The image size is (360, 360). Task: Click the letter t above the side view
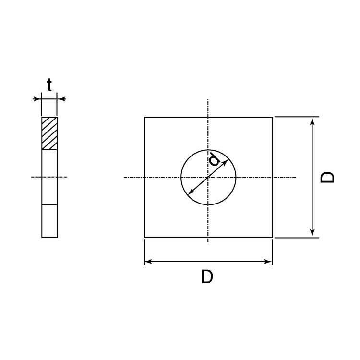pos(49,85)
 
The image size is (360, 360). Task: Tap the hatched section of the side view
pos(49,133)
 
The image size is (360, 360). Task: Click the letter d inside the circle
pos(215,159)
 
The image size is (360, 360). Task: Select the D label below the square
pos(207,276)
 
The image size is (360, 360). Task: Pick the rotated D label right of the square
pos(327,177)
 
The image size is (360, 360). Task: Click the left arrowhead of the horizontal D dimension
pos(148,262)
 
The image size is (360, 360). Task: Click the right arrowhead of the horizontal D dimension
pos(268,262)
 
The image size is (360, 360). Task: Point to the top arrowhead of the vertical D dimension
pos(312,121)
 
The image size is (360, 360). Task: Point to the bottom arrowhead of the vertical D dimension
pos(312,233)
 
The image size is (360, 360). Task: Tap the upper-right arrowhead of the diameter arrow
pos(225,162)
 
